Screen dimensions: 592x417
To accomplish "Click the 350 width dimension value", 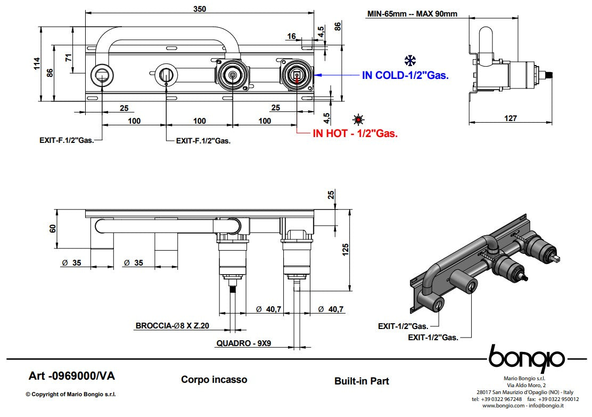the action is (x=199, y=9).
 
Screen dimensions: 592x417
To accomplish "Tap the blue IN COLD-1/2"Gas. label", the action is (x=405, y=75).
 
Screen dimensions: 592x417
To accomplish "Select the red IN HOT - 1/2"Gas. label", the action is (x=355, y=133).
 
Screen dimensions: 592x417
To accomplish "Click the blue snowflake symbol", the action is (x=410, y=60).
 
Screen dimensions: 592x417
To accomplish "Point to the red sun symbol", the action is (x=358, y=119).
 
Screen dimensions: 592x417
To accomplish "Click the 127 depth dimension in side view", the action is (x=510, y=118).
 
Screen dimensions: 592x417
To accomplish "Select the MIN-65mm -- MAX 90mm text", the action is (x=412, y=14).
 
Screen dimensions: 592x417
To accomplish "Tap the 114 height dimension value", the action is (x=37, y=63).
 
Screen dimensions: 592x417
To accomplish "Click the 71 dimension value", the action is (x=68, y=58).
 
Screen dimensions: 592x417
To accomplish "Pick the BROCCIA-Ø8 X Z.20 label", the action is (x=172, y=325).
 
